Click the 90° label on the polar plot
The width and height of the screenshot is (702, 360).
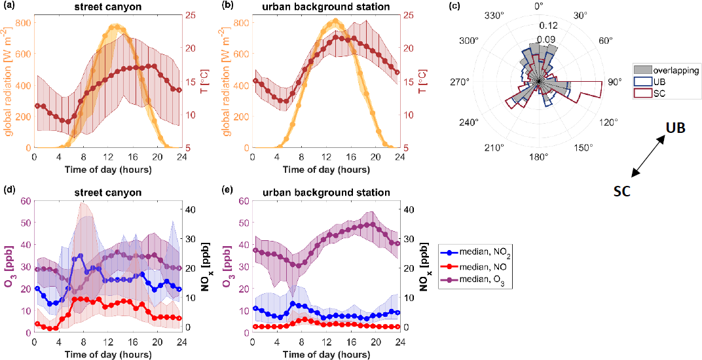[613, 82]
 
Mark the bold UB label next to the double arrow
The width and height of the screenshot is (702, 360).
[675, 128]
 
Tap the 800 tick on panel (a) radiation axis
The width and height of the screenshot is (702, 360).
[22, 23]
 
